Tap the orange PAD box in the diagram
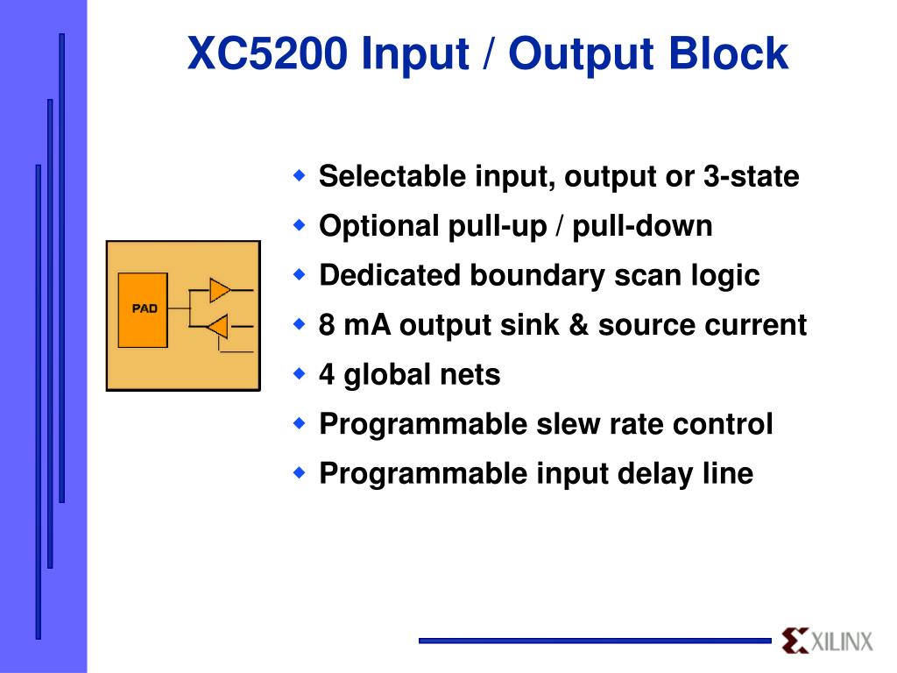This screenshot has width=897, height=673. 143,309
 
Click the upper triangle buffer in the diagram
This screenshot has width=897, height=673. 219,289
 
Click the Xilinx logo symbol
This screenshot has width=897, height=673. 795,641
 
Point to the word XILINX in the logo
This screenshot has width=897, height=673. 842,641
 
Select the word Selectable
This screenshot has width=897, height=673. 392,177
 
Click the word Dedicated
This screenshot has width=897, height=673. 390,275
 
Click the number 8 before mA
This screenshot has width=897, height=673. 327,325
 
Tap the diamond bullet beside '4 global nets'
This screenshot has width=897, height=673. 300,374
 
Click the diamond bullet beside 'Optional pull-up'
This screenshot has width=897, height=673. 300,225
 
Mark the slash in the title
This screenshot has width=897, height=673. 486,54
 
